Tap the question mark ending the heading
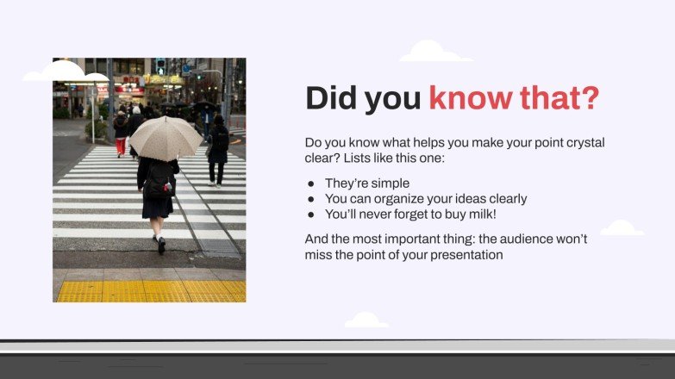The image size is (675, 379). [590, 99]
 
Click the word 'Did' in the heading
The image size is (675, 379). [331, 99]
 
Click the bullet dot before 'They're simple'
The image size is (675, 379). [311, 183]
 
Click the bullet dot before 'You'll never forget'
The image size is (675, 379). [311, 214]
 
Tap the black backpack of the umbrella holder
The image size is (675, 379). [159, 180]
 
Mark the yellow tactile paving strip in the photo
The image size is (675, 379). [149, 291]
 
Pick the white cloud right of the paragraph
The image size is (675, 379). [622, 228]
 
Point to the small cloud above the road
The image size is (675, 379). [366, 320]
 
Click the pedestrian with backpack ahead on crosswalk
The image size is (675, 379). [218, 148]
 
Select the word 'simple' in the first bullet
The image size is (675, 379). [391, 183]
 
